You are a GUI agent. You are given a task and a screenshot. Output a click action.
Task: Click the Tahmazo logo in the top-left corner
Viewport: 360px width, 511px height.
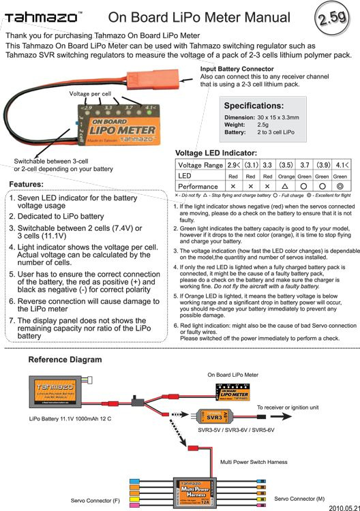click(x=42, y=16)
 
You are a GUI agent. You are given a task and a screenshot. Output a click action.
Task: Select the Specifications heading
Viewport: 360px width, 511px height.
click(x=254, y=106)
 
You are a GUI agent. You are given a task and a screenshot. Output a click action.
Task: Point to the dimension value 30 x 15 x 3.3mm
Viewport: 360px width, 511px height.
click(x=284, y=117)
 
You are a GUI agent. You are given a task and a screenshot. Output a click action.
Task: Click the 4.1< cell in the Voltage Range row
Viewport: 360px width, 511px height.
click(x=342, y=165)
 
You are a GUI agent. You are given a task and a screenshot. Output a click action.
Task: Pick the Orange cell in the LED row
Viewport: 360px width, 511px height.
click(x=286, y=176)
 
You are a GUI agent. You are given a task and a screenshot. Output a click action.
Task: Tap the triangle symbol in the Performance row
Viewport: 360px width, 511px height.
click(x=286, y=186)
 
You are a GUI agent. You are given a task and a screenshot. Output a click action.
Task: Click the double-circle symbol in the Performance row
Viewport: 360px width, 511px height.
click(x=342, y=186)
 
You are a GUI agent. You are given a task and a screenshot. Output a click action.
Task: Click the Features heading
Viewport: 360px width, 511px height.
click(x=27, y=185)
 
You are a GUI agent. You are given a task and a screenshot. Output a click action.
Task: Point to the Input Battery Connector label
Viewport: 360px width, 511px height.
click(x=237, y=69)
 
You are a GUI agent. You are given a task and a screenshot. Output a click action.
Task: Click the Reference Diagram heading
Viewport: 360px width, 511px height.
click(x=65, y=359)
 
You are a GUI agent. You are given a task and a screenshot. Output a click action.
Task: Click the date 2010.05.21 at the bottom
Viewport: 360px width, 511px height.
click(x=344, y=508)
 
